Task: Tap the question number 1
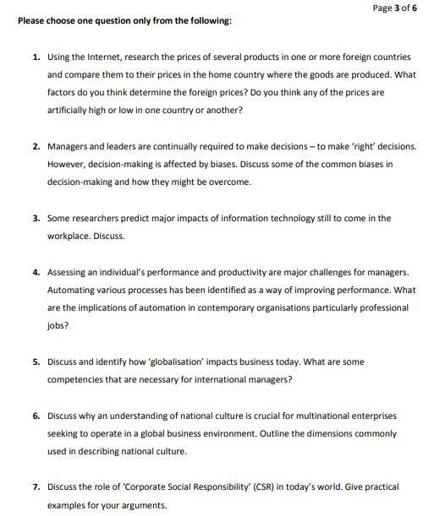[36, 57]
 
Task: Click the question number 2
[36, 146]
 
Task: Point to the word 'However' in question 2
[68, 164]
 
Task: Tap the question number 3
[36, 218]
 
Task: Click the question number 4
[36, 272]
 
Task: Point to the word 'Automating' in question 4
[74, 290]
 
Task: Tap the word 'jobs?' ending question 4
[58, 325]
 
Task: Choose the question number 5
[36, 361]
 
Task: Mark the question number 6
[36, 416]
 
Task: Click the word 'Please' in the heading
[32, 20]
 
